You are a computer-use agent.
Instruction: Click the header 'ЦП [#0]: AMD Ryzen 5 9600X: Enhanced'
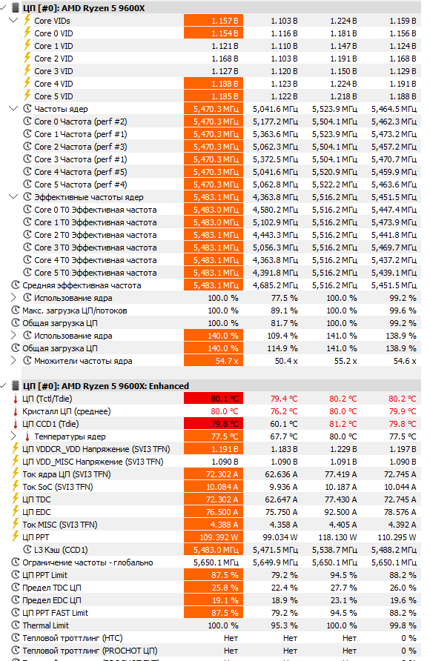105,386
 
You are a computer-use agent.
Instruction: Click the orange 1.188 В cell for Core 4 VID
214,84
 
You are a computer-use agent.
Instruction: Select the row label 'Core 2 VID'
53,59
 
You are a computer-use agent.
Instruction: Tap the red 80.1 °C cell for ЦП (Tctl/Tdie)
214,399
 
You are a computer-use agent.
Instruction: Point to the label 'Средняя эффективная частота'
82,285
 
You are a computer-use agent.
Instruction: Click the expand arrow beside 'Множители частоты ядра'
13,360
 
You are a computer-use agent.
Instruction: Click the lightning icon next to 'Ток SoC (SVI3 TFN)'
15,486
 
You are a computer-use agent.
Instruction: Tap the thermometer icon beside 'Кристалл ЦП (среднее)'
15,411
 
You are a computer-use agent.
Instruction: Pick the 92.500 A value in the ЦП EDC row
340,512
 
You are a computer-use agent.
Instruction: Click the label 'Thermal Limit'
45,625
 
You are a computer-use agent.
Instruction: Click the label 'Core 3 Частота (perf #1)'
81,159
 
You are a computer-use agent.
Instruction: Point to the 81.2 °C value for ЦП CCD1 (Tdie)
343,424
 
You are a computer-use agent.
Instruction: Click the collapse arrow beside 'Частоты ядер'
13,108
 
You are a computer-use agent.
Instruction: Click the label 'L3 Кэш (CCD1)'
61,550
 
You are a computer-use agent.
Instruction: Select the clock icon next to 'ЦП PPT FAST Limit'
16,613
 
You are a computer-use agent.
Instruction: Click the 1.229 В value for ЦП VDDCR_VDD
343,449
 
